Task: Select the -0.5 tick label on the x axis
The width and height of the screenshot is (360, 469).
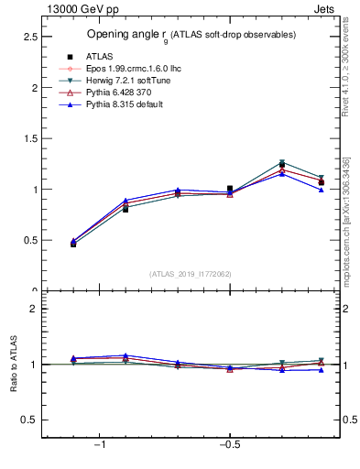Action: (229, 444)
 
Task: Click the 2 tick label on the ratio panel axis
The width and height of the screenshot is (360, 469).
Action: (34, 309)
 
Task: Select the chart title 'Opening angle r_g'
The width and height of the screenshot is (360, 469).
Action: (191, 35)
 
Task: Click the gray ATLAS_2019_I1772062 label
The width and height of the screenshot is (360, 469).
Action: (191, 274)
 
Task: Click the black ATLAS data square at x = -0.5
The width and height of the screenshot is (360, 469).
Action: (230, 189)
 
